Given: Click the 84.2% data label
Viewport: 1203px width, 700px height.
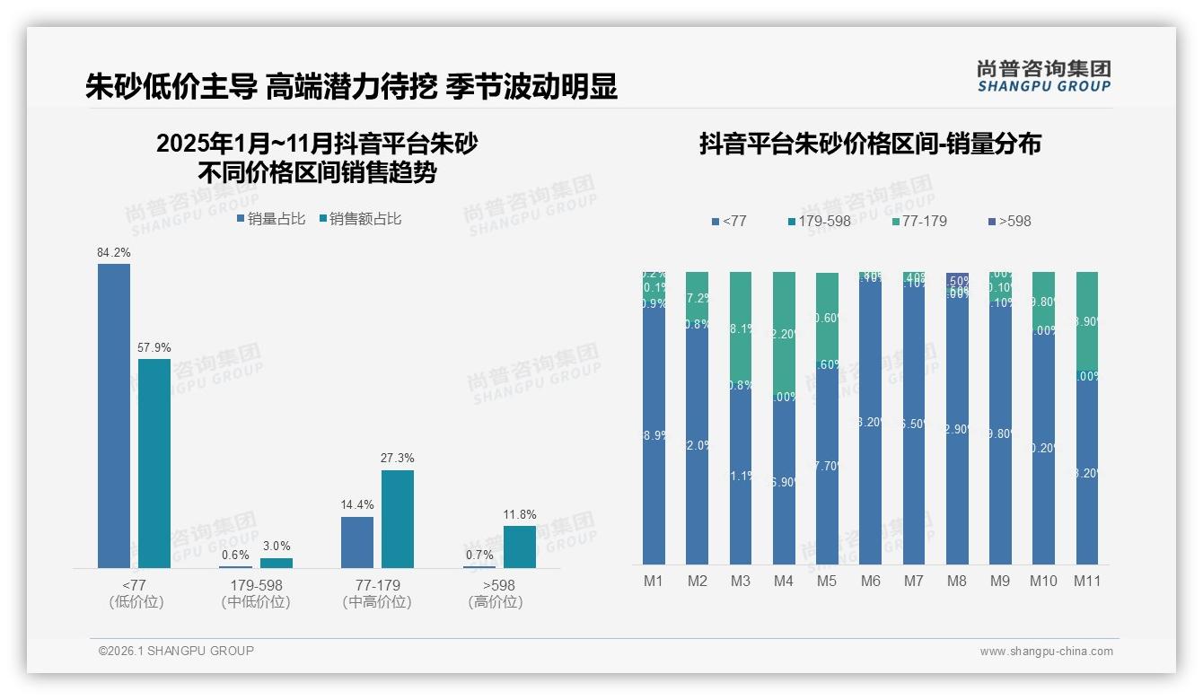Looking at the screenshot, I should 114,253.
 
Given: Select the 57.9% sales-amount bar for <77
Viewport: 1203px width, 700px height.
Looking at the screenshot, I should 154,463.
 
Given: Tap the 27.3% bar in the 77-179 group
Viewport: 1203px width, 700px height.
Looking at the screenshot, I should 398,519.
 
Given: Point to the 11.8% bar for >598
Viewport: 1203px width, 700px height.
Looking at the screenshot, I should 520,547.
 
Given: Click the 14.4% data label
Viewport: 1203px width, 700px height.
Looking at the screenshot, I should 357,505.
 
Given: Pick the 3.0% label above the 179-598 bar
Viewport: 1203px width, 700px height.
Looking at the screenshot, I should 277,547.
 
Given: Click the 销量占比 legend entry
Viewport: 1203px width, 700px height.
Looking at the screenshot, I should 271,218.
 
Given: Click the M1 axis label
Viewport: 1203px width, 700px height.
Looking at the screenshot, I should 654,582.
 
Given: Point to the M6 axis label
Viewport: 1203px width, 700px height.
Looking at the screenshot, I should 870,582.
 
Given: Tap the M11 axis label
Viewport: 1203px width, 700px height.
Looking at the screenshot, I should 1087,582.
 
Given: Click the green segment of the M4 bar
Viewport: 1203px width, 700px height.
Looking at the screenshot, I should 784,332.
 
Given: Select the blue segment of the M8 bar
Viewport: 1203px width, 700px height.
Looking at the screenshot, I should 957,431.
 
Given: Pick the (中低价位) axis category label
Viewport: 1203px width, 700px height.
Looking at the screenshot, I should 256,602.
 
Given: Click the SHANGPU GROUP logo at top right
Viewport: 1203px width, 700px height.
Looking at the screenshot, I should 1044,76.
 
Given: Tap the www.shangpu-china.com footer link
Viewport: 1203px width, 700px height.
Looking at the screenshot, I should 1046,652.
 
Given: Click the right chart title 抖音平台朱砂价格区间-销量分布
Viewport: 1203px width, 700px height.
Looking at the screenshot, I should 870,144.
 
